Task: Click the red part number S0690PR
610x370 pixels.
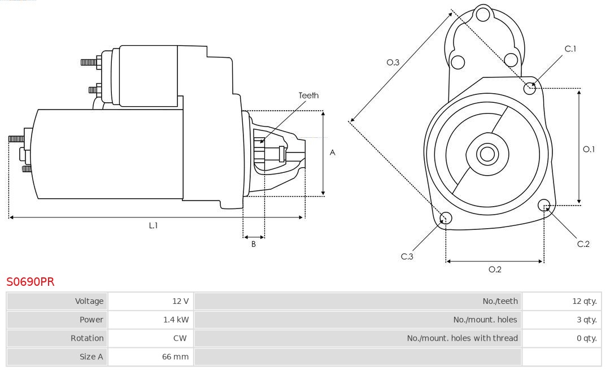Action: pyautogui.click(x=30, y=282)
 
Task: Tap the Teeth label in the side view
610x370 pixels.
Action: pyautogui.click(x=308, y=95)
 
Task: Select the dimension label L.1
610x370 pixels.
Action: pyautogui.click(x=153, y=225)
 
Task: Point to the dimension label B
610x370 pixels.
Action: pyautogui.click(x=254, y=245)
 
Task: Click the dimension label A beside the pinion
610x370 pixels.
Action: pyautogui.click(x=333, y=153)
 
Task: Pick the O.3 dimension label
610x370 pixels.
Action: pyautogui.click(x=393, y=62)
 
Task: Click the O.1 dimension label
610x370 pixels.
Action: pyautogui.click(x=589, y=149)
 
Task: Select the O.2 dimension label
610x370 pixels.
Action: pyautogui.click(x=495, y=269)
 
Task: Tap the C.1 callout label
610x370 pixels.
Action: pyautogui.click(x=570, y=49)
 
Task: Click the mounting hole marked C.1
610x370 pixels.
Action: pyautogui.click(x=530, y=88)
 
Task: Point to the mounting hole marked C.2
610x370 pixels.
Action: pyautogui.click(x=544, y=204)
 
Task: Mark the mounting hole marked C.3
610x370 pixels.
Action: pyautogui.click(x=446, y=218)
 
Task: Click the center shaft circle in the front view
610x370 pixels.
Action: pyautogui.click(x=486, y=153)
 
